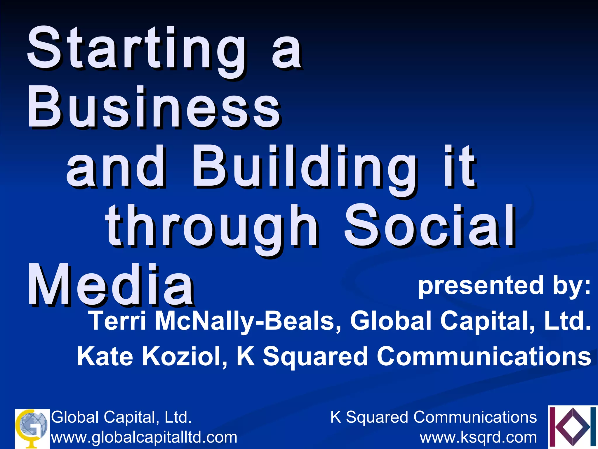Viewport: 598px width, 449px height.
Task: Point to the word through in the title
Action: [212, 227]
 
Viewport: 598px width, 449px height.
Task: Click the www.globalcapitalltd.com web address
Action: [144, 437]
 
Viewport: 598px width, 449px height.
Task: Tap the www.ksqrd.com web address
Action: [478, 437]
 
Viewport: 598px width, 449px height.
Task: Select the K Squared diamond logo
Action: [572, 427]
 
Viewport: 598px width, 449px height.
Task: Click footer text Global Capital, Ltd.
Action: [121, 417]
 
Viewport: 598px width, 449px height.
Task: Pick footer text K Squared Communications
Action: [433, 417]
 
